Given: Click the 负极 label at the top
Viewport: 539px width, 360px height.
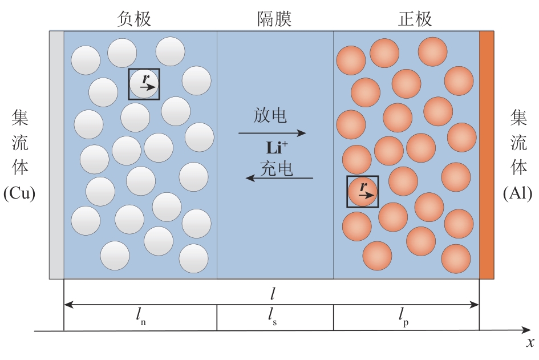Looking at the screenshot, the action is click(x=134, y=19).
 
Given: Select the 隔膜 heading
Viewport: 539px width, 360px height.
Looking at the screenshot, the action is click(x=275, y=19).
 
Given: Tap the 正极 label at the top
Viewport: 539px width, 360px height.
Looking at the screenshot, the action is click(x=415, y=19).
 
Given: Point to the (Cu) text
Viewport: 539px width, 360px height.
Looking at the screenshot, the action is click(x=19, y=193).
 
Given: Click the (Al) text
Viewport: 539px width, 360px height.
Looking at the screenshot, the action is click(x=517, y=193).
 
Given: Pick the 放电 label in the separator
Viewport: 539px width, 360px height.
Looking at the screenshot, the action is click(x=270, y=115).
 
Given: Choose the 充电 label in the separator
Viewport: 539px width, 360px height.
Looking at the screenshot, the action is click(x=277, y=168).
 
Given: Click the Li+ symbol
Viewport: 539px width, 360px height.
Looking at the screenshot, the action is click(x=277, y=148).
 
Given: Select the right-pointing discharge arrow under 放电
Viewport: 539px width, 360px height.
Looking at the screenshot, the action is click(x=272, y=133).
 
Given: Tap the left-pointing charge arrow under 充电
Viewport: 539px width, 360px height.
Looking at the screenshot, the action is click(x=279, y=178).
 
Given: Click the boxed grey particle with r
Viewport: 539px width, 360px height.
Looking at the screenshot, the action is click(x=144, y=84).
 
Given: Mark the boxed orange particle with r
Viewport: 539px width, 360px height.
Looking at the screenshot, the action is click(x=363, y=192).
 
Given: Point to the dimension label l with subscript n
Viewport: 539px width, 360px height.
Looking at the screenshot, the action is click(x=140, y=316).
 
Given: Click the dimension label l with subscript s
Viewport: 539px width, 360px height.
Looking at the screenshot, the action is click(x=272, y=316).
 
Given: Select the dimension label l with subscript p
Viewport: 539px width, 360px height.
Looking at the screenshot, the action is click(x=404, y=316).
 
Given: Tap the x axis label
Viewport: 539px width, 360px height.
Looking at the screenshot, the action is click(x=530, y=342).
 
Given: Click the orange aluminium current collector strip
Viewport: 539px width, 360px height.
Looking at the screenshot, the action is click(x=487, y=155).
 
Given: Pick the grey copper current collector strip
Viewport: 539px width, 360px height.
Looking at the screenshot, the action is click(x=56, y=155).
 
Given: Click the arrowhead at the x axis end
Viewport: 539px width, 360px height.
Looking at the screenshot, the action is click(x=530, y=330).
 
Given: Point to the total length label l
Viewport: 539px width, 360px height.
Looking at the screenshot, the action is click(x=273, y=294).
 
